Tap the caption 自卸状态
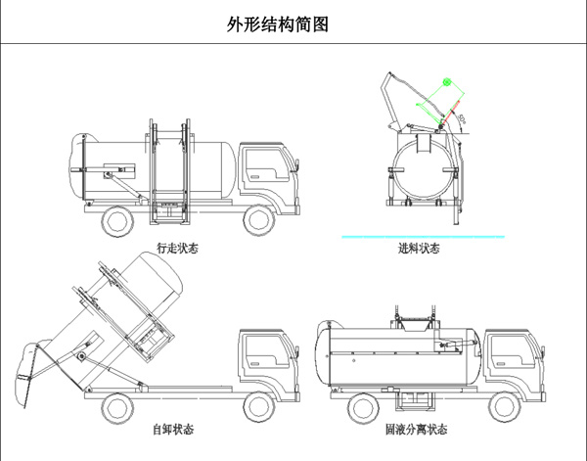coord(173,430)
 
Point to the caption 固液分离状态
coord(416,430)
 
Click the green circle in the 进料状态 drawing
coord(447,83)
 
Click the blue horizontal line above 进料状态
coord(422,236)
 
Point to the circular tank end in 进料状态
coord(424,168)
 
